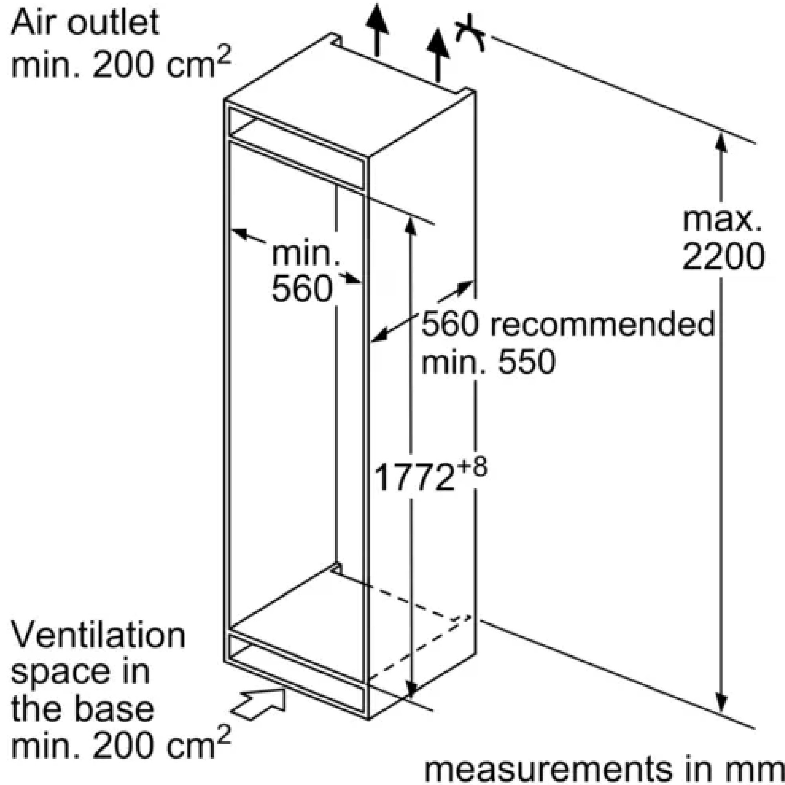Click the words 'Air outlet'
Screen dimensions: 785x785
pyautogui.click(x=84, y=23)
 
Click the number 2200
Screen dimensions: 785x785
pyautogui.click(x=723, y=256)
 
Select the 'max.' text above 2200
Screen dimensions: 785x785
pyautogui.click(x=722, y=221)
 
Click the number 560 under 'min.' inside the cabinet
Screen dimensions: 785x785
pyautogui.click(x=302, y=289)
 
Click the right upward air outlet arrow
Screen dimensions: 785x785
pyautogui.click(x=438, y=55)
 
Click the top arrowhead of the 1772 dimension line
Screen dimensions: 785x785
pyautogui.click(x=411, y=226)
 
